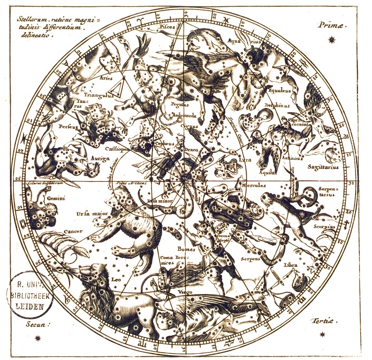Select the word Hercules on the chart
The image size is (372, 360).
pos(253,186)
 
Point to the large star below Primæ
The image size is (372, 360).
pos(331,39)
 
